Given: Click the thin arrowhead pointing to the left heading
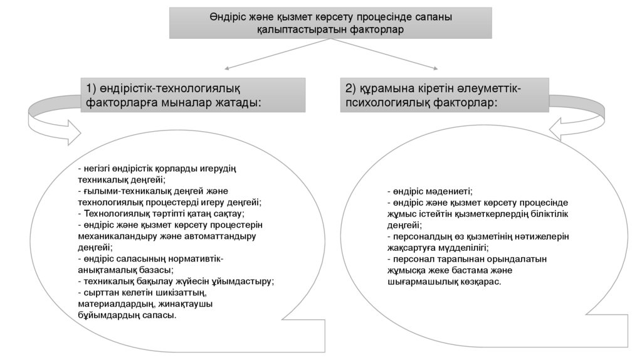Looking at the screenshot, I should [x=228, y=67].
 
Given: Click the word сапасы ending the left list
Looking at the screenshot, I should [x=162, y=315].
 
